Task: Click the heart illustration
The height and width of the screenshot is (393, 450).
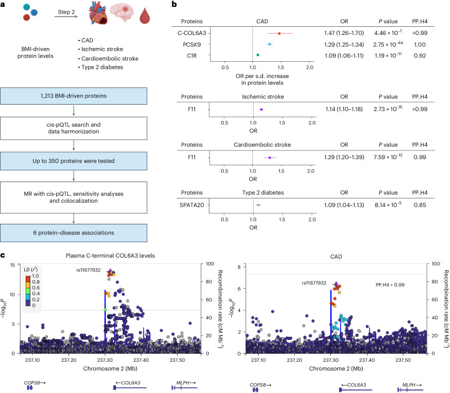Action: pyautogui.click(x=98, y=14)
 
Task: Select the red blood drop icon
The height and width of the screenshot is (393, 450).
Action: pyautogui.click(x=145, y=16)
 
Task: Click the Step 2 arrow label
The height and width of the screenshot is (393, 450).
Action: pyautogui.click(x=66, y=12)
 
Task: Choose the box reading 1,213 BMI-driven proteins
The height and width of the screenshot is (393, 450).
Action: pyautogui.click(x=74, y=96)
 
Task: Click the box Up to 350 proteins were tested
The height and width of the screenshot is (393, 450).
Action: pyautogui.click(x=74, y=161)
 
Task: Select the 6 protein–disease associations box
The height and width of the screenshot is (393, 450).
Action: pyautogui.click(x=74, y=233)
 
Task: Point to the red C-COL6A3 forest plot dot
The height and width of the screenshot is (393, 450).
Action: pyautogui.click(x=279, y=33)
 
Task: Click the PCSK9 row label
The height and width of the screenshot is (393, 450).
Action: pyautogui.click(x=192, y=44)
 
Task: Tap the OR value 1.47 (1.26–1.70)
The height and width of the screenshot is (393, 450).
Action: pyautogui.click(x=344, y=33)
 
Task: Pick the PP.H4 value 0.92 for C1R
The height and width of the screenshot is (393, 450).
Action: pyautogui.click(x=419, y=56)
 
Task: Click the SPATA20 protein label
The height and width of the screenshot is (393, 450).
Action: pyautogui.click(x=192, y=205)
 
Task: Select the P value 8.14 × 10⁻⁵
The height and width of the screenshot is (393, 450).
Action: pyautogui.click(x=388, y=205)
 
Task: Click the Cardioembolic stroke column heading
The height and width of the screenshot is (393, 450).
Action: pyautogui.click(x=262, y=145)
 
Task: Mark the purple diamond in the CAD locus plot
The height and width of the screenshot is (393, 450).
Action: pyautogui.click(x=336, y=284)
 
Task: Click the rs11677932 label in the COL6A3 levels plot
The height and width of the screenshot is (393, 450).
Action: pyautogui.click(x=89, y=270)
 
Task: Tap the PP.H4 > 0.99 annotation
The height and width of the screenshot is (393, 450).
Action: pyautogui.click(x=390, y=284)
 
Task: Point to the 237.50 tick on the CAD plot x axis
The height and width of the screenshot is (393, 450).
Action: pyautogui.click(x=403, y=360)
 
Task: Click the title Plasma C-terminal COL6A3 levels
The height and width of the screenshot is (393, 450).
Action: pyautogui.click(x=110, y=256)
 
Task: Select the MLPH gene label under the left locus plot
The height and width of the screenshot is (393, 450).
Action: pyautogui.click(x=183, y=382)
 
